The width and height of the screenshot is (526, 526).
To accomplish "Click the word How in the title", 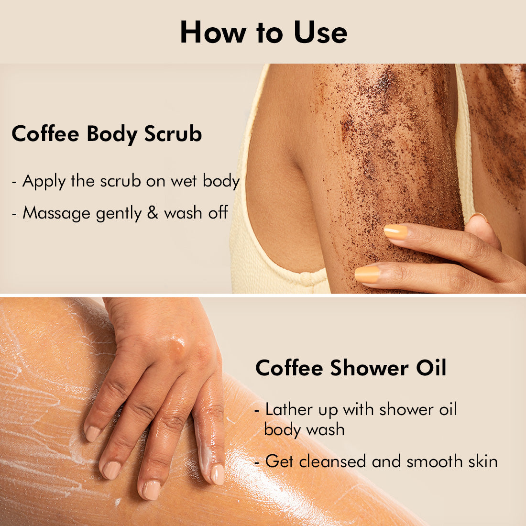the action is tap(213, 32).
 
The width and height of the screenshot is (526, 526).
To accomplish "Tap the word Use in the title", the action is tap(320, 32).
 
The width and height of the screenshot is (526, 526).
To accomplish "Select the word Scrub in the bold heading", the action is tap(173, 133).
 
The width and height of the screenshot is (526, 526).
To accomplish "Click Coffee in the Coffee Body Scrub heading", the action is tap(45, 133).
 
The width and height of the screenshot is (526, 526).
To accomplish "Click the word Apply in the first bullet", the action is tap(44, 182).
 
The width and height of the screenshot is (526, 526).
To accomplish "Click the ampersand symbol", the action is tap(153, 212).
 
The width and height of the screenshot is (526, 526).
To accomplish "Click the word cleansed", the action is tap(332, 461).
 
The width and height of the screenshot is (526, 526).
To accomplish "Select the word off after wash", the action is tap(218, 212).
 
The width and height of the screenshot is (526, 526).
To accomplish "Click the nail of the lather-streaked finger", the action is tap(218, 474).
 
